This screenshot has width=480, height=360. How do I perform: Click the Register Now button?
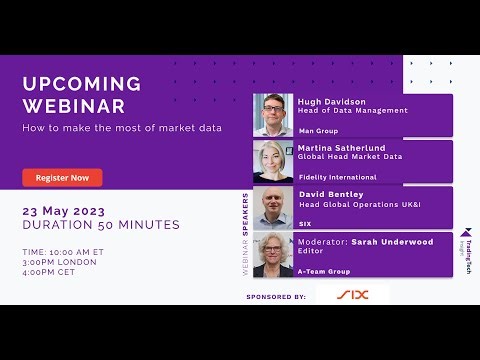pyautogui.click(x=62, y=177)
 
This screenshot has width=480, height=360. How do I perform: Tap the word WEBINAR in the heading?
pyautogui.click(x=74, y=106)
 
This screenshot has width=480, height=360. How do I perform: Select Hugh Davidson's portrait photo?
pyautogui.click(x=274, y=115)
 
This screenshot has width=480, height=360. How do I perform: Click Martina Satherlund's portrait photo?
pyautogui.click(x=274, y=161)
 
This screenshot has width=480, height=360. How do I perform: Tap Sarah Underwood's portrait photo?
pyautogui.click(x=274, y=254)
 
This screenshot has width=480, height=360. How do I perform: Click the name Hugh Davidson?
pyautogui.click(x=331, y=101)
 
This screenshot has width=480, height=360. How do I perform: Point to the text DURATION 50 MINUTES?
pyautogui.click(x=101, y=225)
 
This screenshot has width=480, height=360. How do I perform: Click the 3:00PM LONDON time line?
pyautogui.click(x=60, y=262)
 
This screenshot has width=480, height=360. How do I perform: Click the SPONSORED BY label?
pyautogui.click(x=275, y=298)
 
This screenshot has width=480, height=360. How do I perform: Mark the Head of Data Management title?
pyautogui.click(x=346, y=111)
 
